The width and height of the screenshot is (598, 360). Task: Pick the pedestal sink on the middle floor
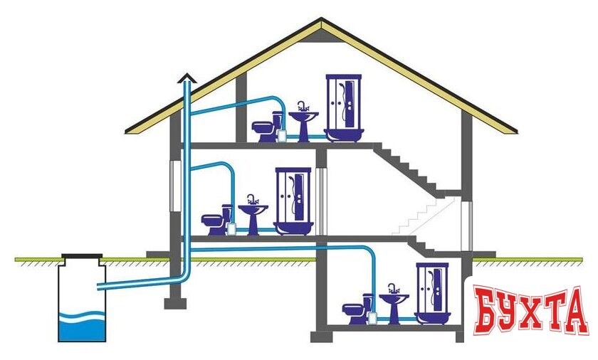(252, 213)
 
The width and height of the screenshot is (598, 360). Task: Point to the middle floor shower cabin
(293, 200)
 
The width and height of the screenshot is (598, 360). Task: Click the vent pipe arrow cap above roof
(187, 78)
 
